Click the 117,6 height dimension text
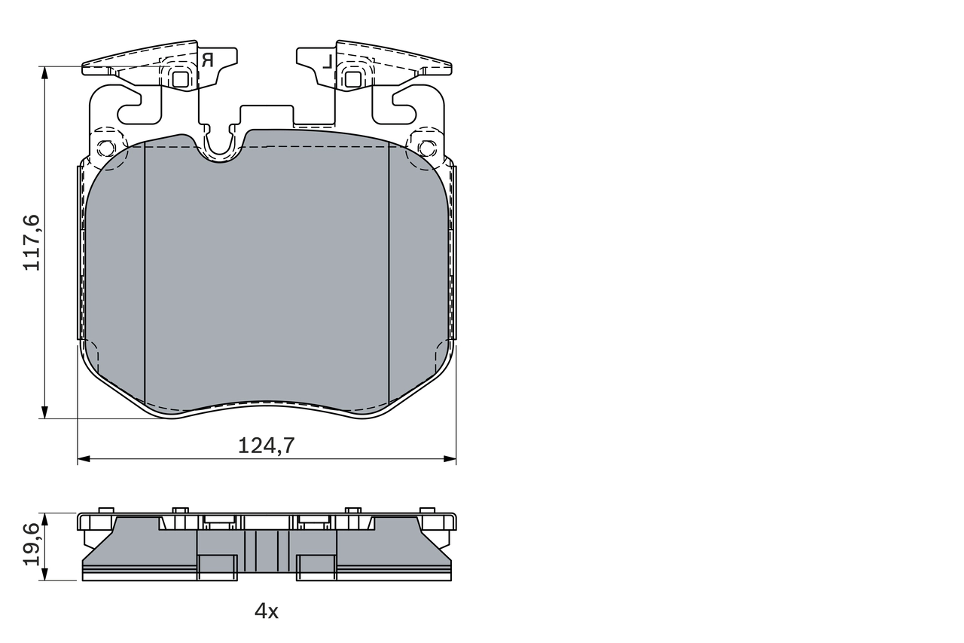32,242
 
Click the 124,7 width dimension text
266,446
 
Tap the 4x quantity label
266,611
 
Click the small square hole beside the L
352,78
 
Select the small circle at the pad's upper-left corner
106,148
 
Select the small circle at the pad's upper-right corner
426,148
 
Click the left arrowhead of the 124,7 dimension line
83,458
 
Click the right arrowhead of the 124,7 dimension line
450,458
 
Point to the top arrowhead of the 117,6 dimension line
45,72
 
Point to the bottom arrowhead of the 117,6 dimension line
45,412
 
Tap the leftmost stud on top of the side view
106,510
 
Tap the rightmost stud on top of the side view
427,510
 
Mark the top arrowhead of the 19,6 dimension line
45,519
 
